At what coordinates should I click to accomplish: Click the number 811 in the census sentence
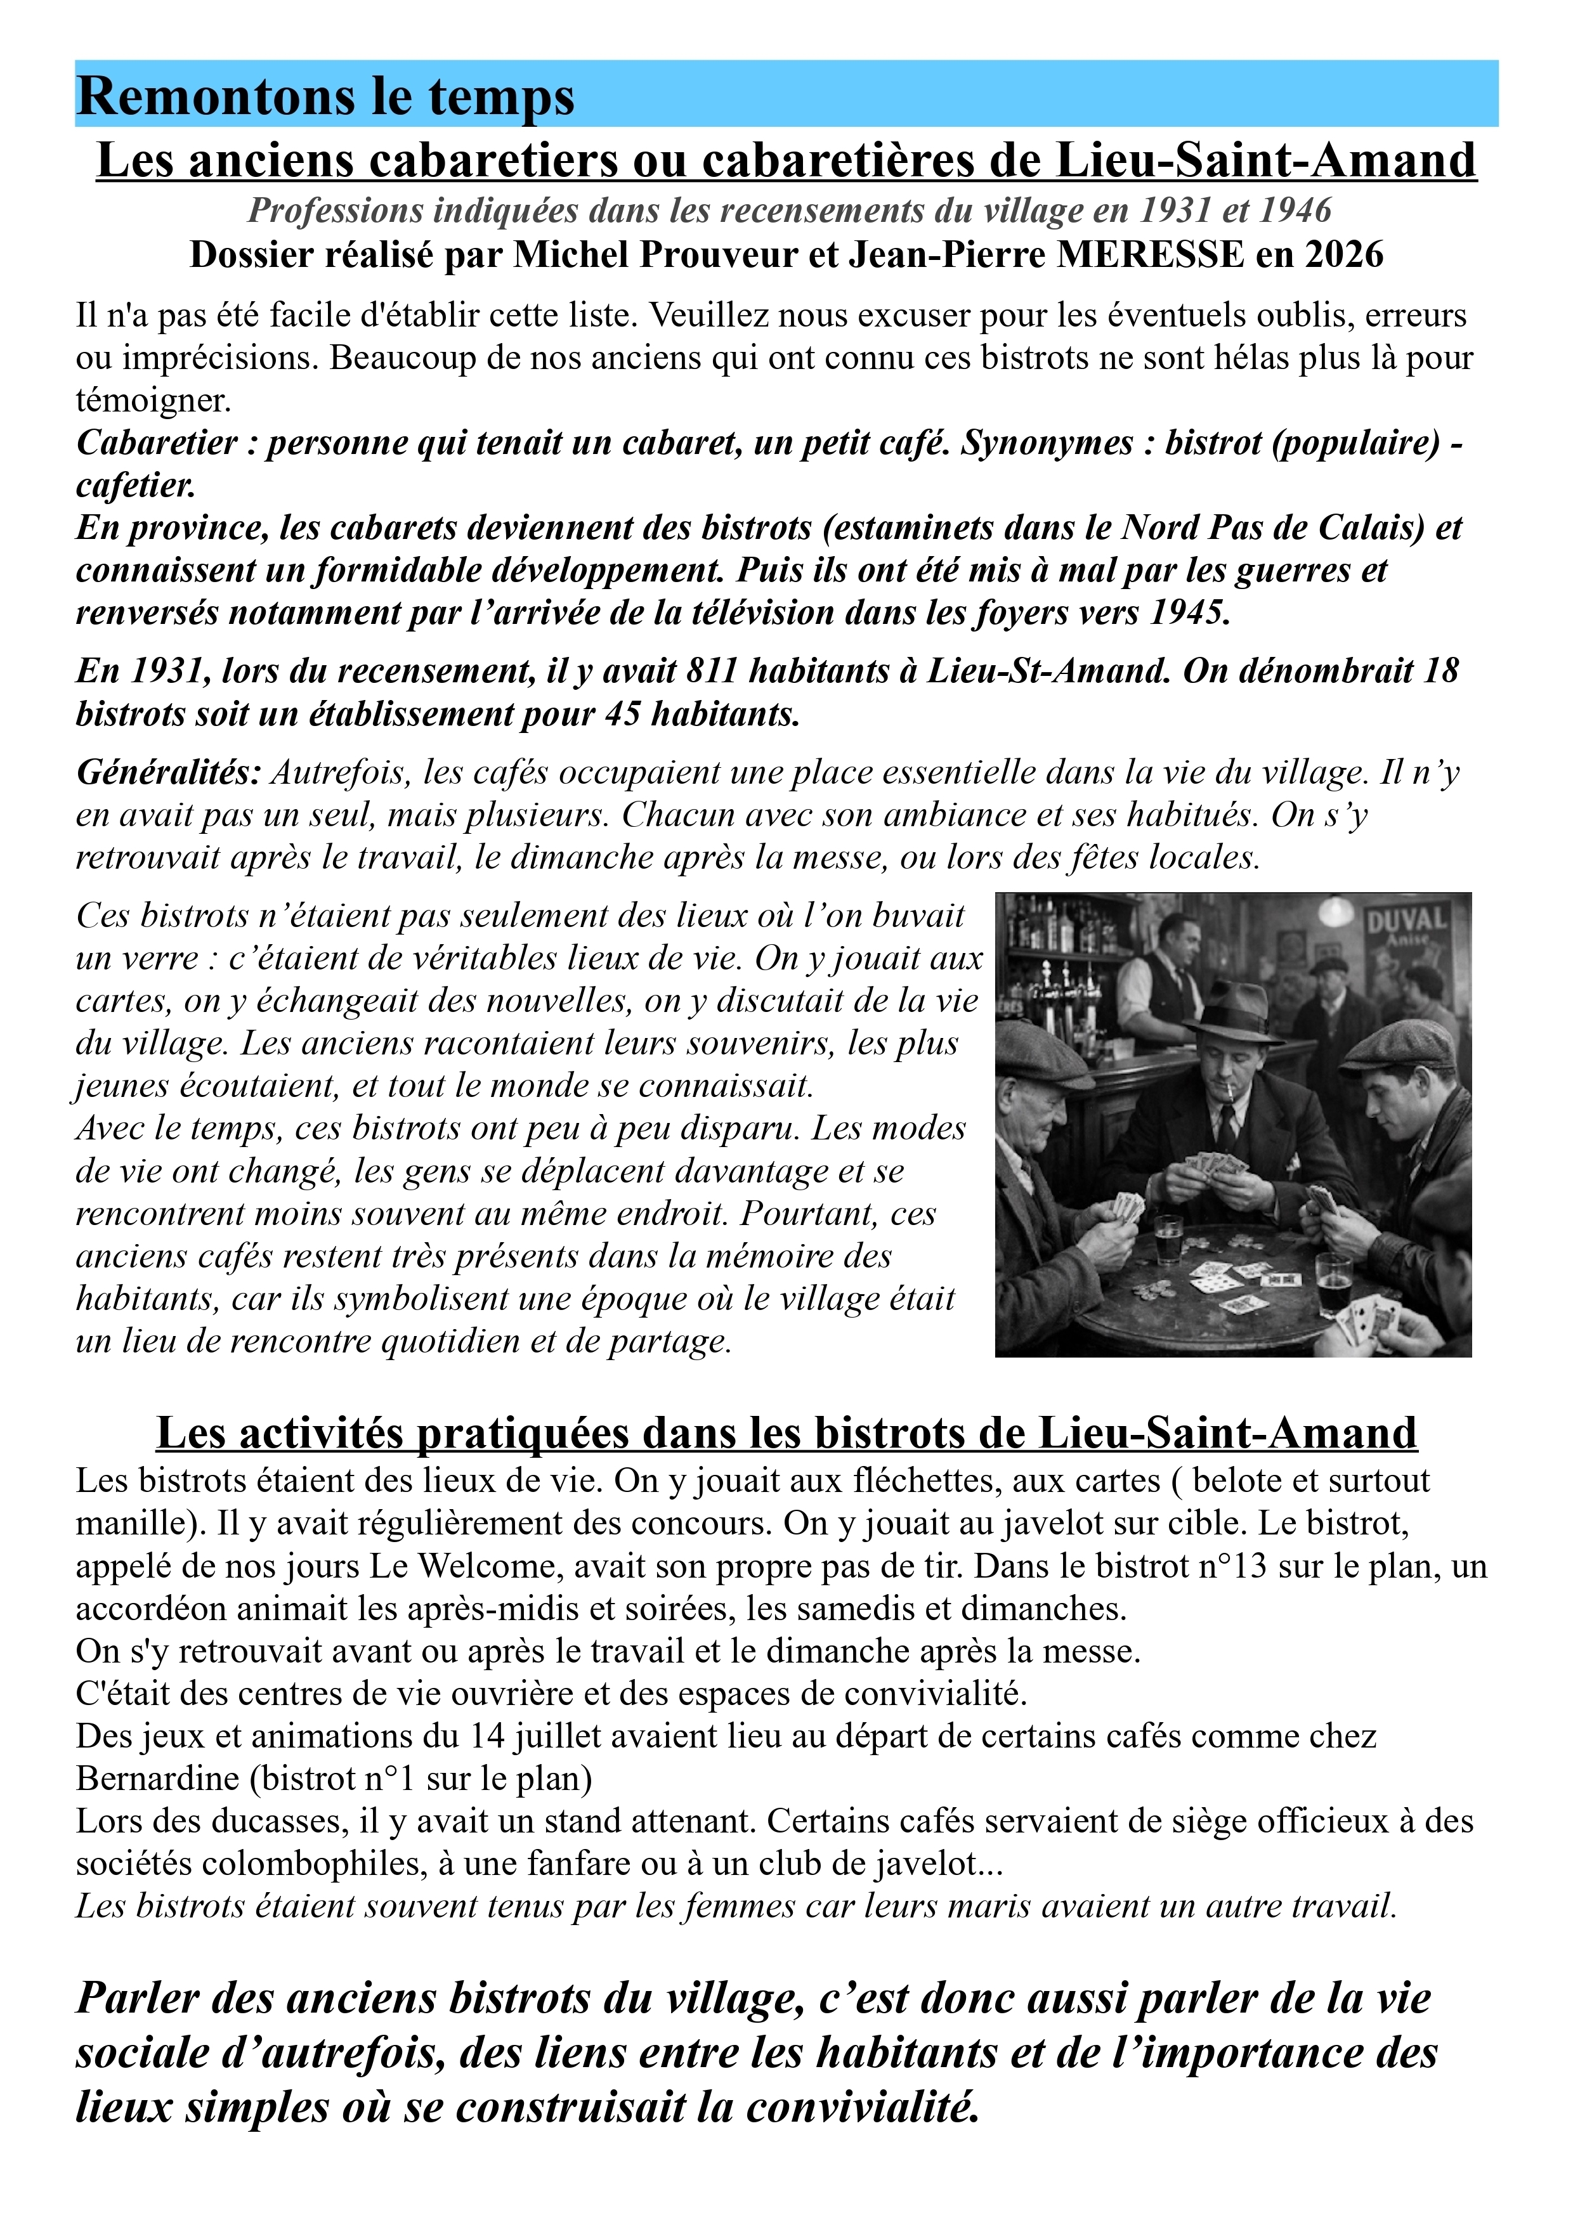[x=712, y=671]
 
